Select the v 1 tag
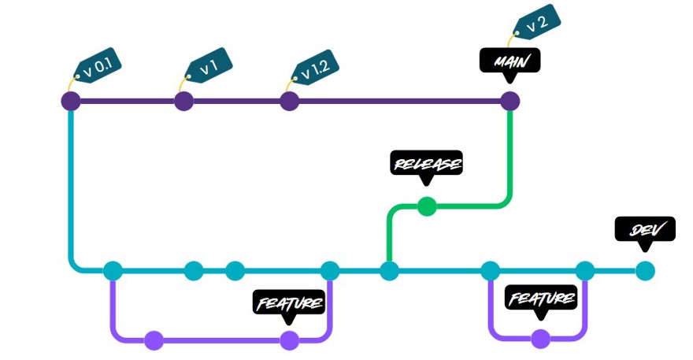pyautogui.click(x=206, y=67)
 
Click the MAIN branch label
pyautogui.click(x=510, y=61)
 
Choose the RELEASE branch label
pyautogui.click(x=426, y=164)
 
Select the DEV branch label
pyautogui.click(x=644, y=229)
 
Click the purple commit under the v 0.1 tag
pyautogui.click(x=71, y=101)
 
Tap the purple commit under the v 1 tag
pyautogui.click(x=183, y=101)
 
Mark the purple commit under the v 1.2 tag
pyautogui.click(x=289, y=101)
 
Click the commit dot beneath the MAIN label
pyautogui.click(x=510, y=101)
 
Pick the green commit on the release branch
pyautogui.click(x=426, y=206)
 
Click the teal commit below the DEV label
pyautogui.click(x=644, y=271)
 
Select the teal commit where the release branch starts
pyautogui.click(x=389, y=271)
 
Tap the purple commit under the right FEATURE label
pyautogui.click(x=540, y=339)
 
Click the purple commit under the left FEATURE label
pyautogui.click(x=289, y=340)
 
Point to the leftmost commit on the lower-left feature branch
pyautogui.click(x=154, y=340)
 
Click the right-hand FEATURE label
pyautogui.click(x=540, y=299)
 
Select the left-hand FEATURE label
pyautogui.click(x=289, y=302)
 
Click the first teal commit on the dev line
pyautogui.click(x=113, y=271)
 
